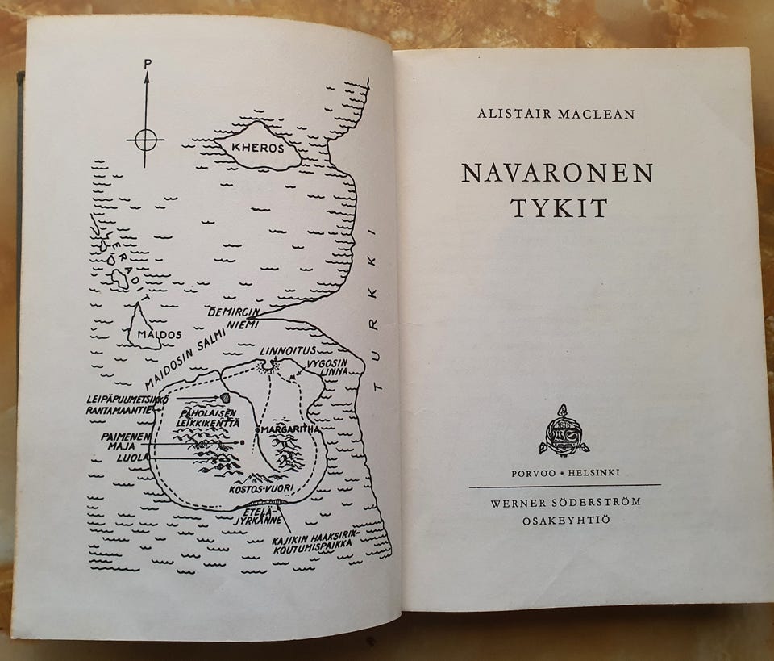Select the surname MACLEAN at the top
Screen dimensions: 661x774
tap(596, 115)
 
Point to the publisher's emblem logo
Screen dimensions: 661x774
tap(564, 429)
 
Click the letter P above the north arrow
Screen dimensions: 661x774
tap(146, 62)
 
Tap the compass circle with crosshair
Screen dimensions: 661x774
tap(145, 140)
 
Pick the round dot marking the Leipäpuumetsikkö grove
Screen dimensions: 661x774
tap(227, 398)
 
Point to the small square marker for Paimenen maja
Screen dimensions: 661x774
tap(242, 442)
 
